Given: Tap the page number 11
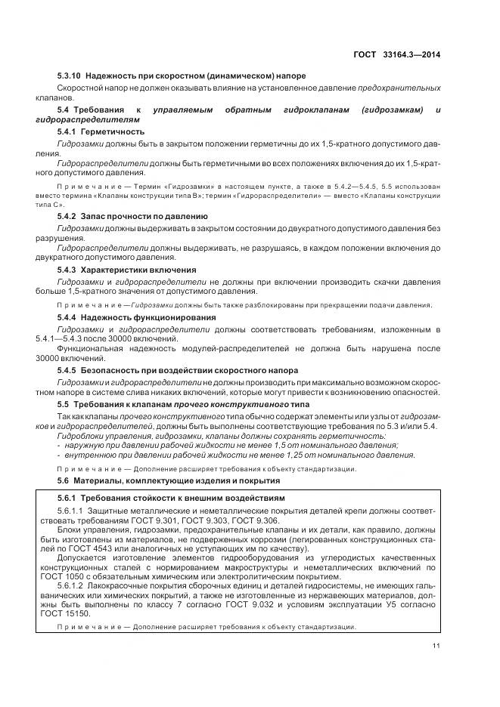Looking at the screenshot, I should tap(436, 645).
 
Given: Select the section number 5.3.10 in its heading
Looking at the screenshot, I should tap(70, 76).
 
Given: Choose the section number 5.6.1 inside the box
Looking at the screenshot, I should tap(70, 499).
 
